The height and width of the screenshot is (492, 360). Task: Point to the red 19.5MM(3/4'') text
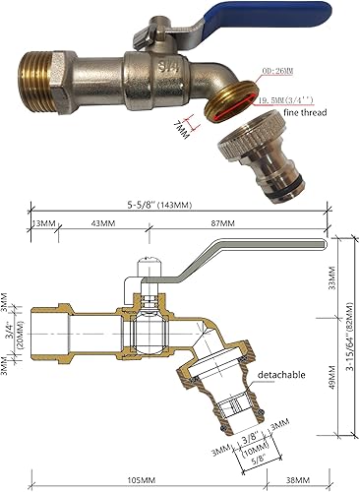(287, 100)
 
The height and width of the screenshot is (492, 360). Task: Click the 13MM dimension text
(43, 222)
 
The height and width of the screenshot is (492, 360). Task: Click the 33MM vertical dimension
(330, 284)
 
